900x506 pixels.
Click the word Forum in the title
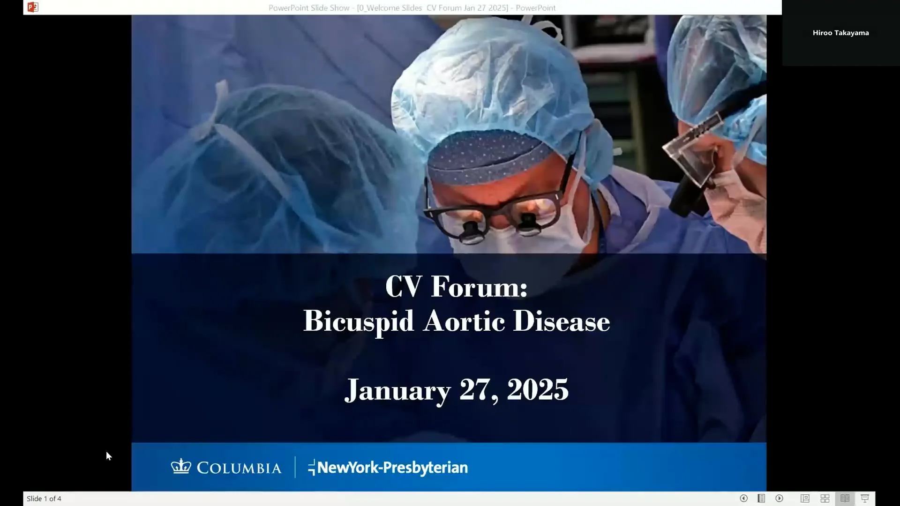(479, 286)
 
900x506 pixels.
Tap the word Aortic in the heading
(464, 321)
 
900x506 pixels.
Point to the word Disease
(562, 321)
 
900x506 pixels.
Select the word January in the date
(397, 390)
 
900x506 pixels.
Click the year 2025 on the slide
(538, 389)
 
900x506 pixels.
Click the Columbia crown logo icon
(181, 467)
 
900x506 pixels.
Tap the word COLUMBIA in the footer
(239, 468)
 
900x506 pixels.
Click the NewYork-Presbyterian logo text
(388, 468)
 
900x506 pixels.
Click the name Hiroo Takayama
(840, 33)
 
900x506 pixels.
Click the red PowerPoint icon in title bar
(33, 7)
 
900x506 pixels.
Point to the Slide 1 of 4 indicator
(44, 499)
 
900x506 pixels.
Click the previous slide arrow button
(743, 499)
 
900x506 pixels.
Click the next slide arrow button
(780, 499)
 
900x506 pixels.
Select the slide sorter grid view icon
(825, 499)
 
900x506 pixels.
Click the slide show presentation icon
(865, 499)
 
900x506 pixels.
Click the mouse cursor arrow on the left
(109, 456)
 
